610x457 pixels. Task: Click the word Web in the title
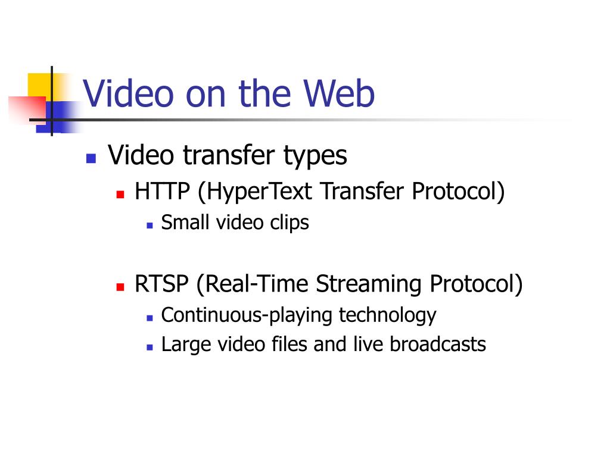[x=338, y=93]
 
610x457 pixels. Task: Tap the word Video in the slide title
[x=128, y=93]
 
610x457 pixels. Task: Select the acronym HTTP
[x=162, y=191]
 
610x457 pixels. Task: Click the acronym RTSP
[x=161, y=284]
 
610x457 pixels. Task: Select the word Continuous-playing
[x=247, y=316]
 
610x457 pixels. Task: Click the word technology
[x=387, y=316]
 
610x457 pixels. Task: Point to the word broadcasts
[x=438, y=345]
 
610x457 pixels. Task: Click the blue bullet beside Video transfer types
[x=91, y=158]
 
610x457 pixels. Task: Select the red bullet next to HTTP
[x=120, y=194]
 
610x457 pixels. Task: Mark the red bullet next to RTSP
[x=120, y=287]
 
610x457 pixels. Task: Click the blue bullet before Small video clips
[x=150, y=226]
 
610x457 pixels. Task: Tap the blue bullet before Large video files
[x=150, y=347]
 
